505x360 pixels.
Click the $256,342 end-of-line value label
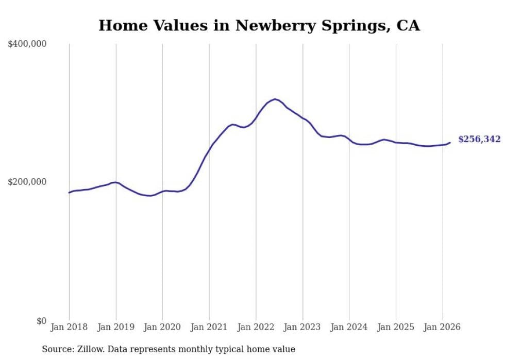pos(479,140)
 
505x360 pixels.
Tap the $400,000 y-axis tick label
pos(27,44)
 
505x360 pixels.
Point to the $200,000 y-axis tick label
pos(27,182)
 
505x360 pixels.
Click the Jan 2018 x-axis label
pos(69,327)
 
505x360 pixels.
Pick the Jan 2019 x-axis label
pos(115,327)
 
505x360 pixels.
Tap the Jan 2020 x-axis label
pos(162,327)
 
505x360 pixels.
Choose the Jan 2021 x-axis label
pos(209,327)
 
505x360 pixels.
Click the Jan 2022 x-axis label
pos(256,327)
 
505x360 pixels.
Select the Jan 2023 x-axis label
pos(302,327)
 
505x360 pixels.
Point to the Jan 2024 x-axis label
pos(349,327)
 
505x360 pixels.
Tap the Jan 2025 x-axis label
pos(396,327)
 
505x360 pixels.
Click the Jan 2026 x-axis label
pos(442,327)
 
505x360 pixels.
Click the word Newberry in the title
pos(270,26)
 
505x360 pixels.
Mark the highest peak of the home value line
pos(275,99)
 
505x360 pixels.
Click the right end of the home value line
pos(450,143)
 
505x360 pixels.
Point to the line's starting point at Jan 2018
pos(69,193)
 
